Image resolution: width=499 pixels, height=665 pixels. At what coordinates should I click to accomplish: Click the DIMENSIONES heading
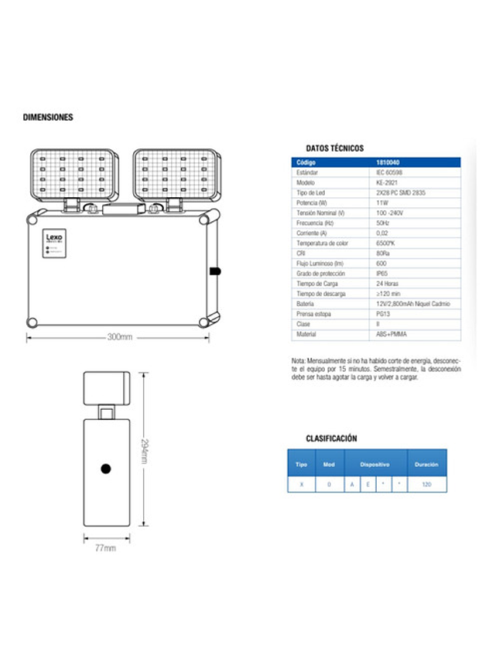pyautogui.click(x=48, y=118)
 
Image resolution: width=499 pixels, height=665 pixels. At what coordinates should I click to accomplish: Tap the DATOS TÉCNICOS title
pyautogui.click(x=334, y=148)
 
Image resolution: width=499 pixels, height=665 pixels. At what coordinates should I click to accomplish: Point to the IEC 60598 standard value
pyautogui.click(x=391, y=172)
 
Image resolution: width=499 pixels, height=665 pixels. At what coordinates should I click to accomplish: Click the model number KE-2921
pyautogui.click(x=388, y=182)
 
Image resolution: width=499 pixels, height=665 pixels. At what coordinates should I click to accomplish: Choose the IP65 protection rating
pyautogui.click(x=382, y=274)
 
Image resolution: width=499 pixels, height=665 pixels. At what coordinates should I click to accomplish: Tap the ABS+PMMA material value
pyautogui.click(x=391, y=334)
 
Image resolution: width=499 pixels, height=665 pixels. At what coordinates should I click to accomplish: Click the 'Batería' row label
pyautogui.click(x=306, y=304)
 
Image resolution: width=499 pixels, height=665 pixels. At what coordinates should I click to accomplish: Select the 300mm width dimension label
pyautogui.click(x=119, y=337)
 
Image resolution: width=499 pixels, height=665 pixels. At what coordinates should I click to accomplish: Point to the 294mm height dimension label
pyautogui.click(x=145, y=451)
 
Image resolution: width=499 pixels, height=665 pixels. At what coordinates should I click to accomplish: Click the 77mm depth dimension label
pyautogui.click(x=105, y=548)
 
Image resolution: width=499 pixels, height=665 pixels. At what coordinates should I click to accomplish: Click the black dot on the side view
pyautogui.click(x=106, y=469)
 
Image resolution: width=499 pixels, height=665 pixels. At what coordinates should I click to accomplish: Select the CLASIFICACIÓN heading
pyautogui.click(x=331, y=438)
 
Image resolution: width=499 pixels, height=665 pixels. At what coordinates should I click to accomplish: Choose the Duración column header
pyautogui.click(x=426, y=465)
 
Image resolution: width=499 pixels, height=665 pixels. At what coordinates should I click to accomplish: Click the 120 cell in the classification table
pyautogui.click(x=426, y=484)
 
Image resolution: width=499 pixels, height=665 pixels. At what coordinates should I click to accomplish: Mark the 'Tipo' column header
pyautogui.click(x=301, y=465)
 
